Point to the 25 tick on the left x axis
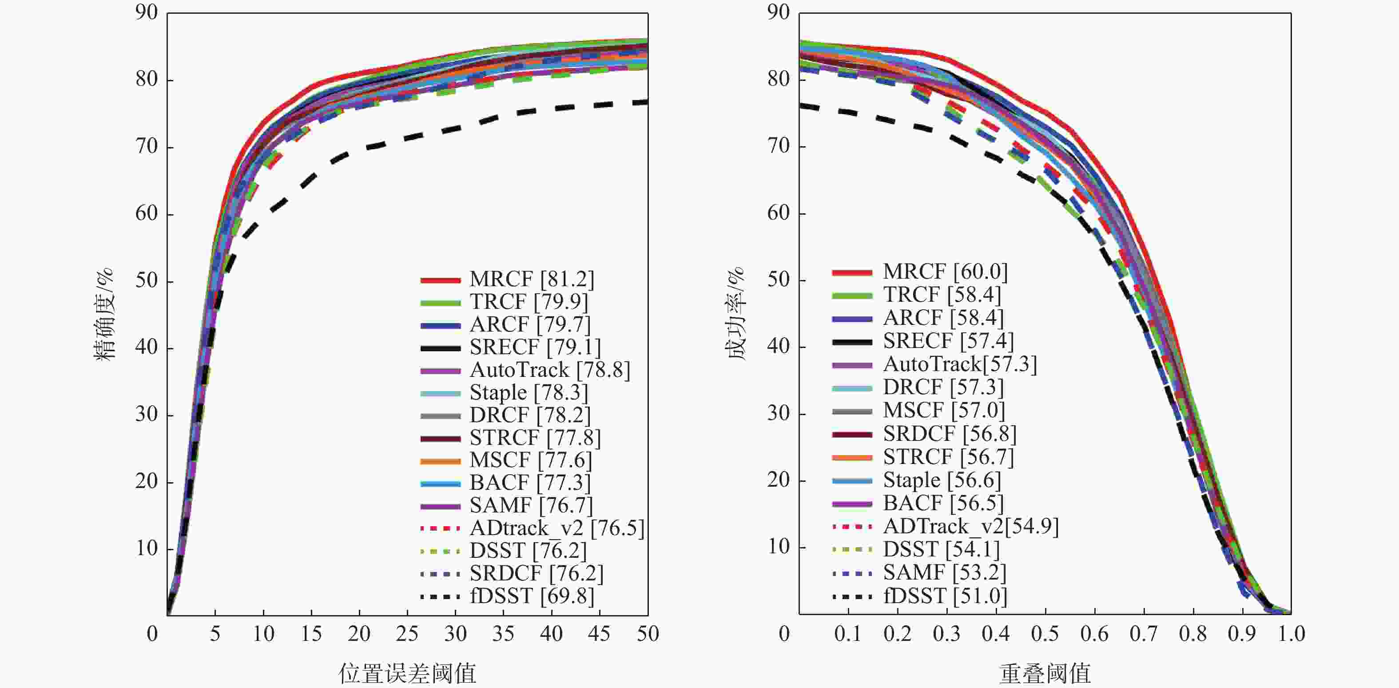click(x=407, y=634)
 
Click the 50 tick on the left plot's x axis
click(x=648, y=634)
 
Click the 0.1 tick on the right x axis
click(x=848, y=634)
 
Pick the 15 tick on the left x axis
click(x=311, y=634)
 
